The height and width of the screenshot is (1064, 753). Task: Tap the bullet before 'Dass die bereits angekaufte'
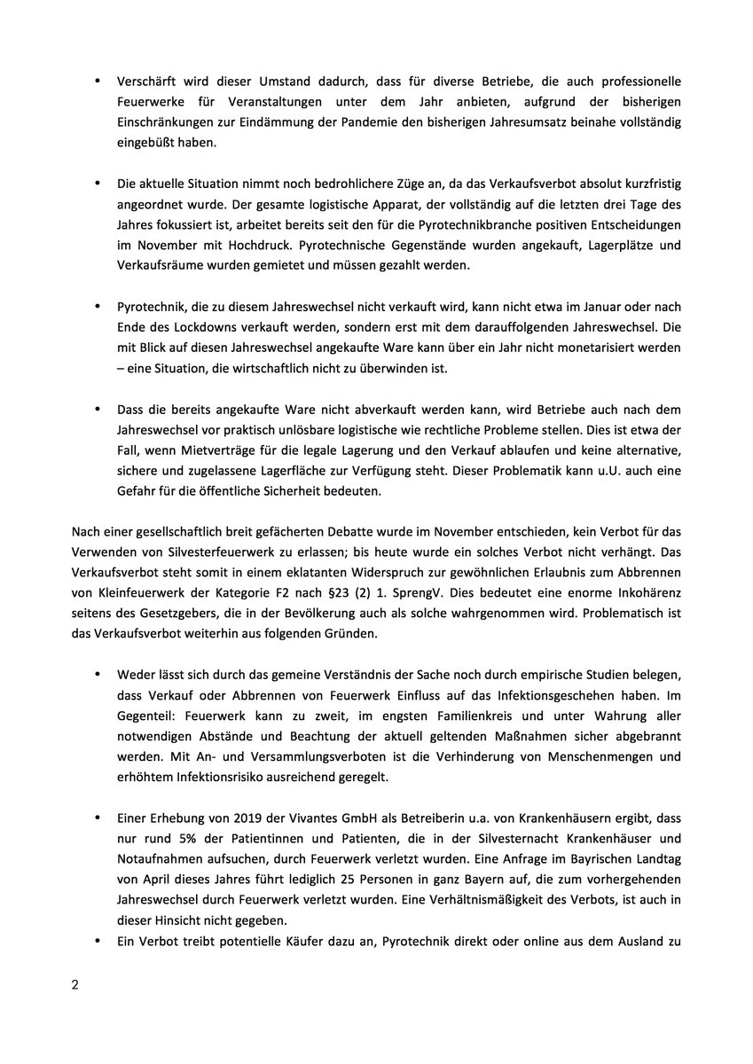(98, 409)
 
